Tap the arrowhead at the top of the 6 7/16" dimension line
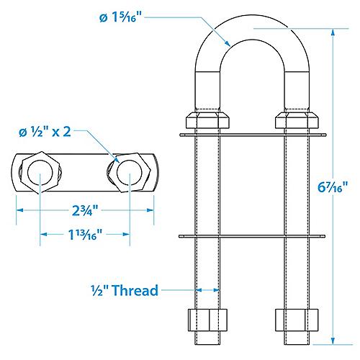pyautogui.click(x=333, y=31)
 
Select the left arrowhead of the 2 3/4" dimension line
pyautogui.click(x=18, y=210)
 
